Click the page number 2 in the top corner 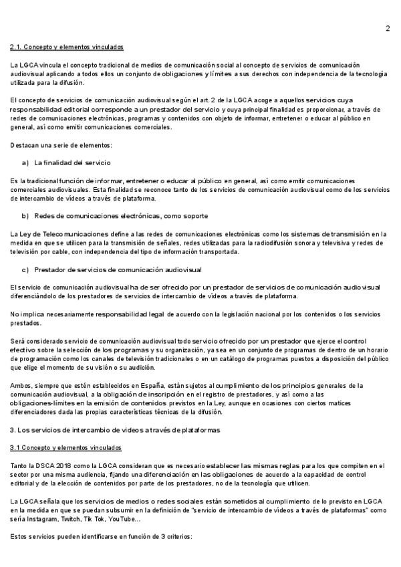(x=387, y=28)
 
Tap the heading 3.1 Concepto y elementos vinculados (x=65, y=447)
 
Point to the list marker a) (x=25, y=162)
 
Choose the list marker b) (x=25, y=216)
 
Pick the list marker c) (x=25, y=269)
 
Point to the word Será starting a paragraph (x=18, y=341)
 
